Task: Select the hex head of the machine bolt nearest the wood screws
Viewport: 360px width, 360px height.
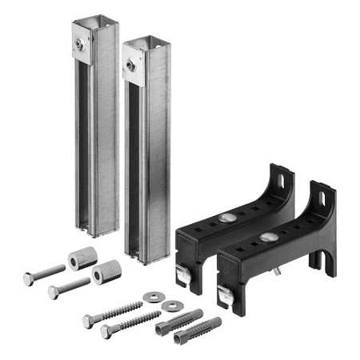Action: pyautogui.click(x=53, y=292)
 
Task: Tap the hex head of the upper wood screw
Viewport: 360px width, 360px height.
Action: pyautogui.click(x=89, y=320)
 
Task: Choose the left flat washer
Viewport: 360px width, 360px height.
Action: pyautogui.click(x=151, y=297)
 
